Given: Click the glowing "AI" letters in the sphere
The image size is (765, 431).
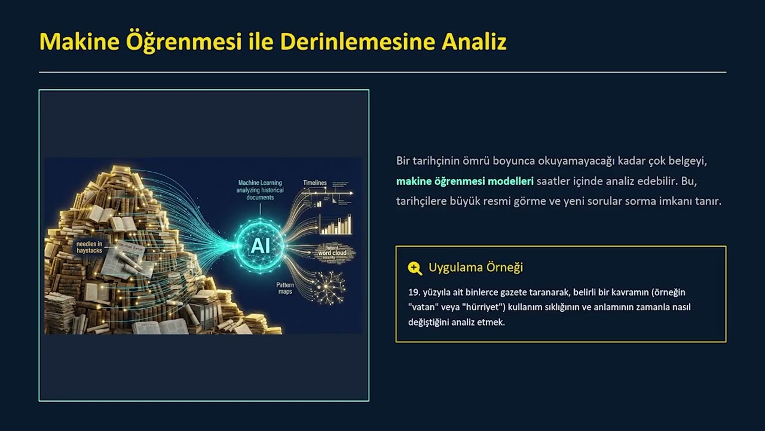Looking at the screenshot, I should pos(260,245).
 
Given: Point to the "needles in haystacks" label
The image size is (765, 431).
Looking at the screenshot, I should pos(89,247).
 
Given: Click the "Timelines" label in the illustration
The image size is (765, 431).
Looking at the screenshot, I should pos(315,183).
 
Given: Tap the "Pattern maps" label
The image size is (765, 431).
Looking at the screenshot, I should pos(285,288).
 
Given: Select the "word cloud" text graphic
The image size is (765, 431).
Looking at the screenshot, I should pos(332,253).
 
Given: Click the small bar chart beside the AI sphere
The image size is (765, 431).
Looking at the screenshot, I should pos(335,224).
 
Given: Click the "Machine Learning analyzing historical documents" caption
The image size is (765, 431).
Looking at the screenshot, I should pos(260,190).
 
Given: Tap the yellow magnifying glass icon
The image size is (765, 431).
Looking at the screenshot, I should pos(414,268).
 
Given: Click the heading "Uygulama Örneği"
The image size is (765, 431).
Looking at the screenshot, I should pos(475,267).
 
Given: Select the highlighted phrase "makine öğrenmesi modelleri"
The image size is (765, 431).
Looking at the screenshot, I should pos(464,181).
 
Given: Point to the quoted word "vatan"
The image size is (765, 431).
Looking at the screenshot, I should pos(423,307).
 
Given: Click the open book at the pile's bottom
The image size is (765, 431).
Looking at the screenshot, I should pos(157,326).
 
